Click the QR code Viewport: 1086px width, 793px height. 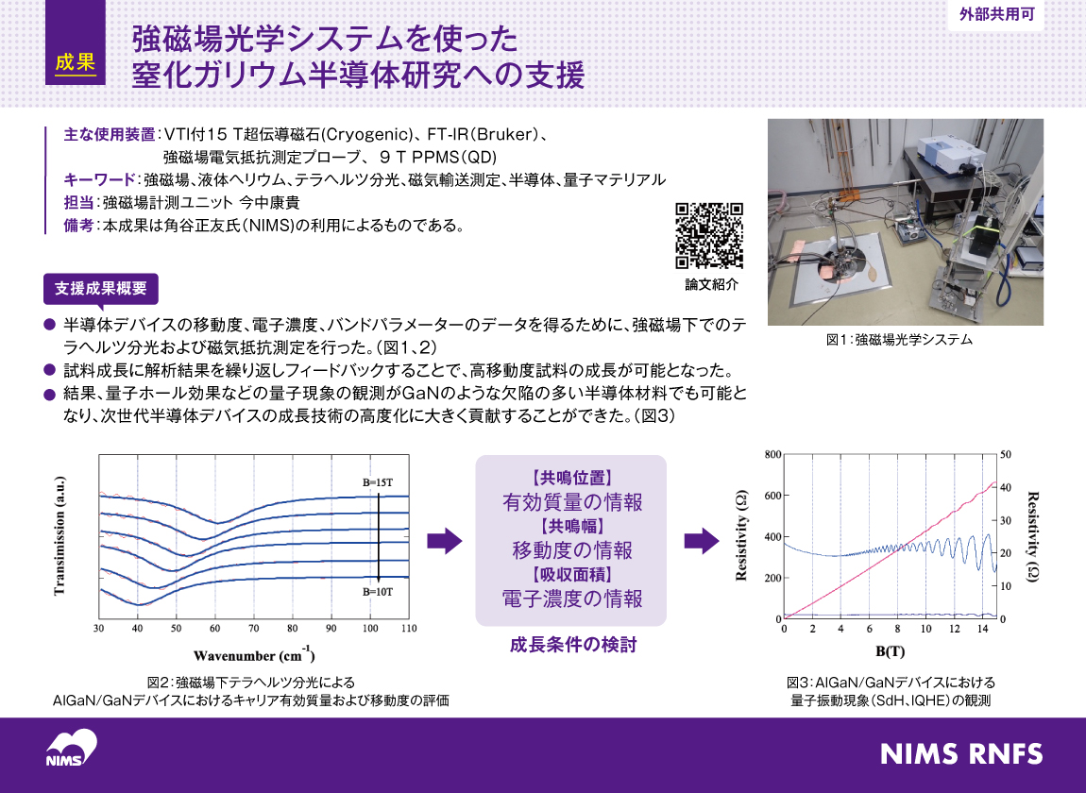709,236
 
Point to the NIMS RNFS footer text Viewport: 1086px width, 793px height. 960,754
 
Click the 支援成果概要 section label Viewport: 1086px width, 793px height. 101,288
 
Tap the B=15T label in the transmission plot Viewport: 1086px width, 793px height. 378,482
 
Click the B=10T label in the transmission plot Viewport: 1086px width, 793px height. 378,592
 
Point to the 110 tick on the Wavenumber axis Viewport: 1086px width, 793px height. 408,628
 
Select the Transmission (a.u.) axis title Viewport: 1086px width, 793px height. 59,536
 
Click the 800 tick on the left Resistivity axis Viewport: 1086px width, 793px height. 772,455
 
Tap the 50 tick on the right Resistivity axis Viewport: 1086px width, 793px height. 1006,455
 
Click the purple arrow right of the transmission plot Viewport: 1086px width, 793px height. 444,540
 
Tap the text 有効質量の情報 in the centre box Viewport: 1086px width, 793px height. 571,501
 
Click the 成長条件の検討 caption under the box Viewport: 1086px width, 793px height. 572,646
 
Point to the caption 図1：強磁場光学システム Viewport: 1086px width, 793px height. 898,339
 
